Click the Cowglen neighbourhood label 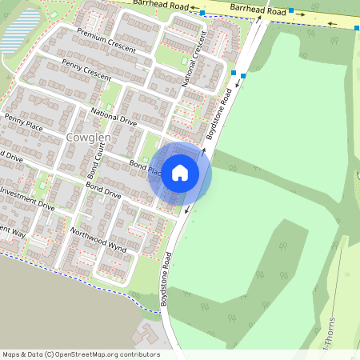coord(88,138)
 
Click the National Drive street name coord(114,118)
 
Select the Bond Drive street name coord(103,190)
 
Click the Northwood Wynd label coord(98,240)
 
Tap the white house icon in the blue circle coord(180,173)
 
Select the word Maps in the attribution coord(10,354)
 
